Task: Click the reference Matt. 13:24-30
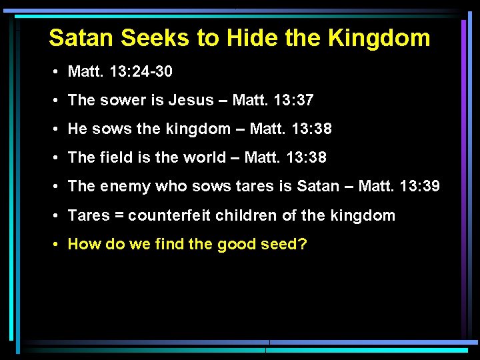(x=121, y=71)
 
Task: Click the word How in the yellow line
(x=82, y=244)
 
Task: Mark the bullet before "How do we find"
(x=59, y=245)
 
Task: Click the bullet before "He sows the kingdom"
(x=59, y=129)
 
